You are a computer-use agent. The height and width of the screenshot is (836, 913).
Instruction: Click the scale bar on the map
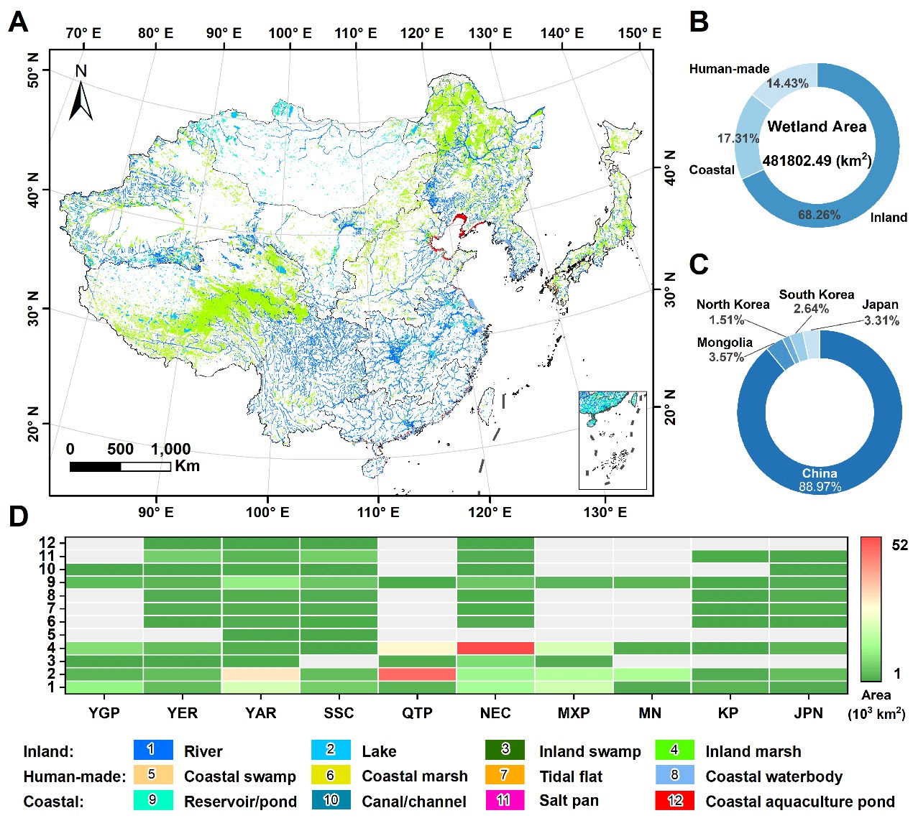tap(120, 467)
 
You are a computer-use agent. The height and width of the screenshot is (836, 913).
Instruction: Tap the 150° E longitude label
tap(639, 33)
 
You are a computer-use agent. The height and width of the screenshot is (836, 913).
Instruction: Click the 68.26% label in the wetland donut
tap(819, 215)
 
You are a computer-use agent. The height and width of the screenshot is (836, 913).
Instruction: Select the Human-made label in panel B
tap(729, 69)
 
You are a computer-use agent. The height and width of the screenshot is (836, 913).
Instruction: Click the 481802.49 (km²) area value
tap(817, 161)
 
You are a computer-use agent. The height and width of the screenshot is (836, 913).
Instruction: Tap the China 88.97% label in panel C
tap(820, 480)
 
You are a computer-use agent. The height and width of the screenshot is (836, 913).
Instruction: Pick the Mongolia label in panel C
tap(725, 343)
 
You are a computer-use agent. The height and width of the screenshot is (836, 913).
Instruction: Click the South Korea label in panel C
tap(817, 294)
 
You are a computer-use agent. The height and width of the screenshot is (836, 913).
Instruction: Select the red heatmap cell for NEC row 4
tap(495, 648)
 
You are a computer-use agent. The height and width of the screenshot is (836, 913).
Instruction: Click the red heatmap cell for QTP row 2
tap(417, 674)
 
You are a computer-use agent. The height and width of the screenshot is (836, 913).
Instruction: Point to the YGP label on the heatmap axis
tap(104, 712)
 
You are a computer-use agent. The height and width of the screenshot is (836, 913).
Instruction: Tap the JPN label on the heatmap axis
tap(808, 712)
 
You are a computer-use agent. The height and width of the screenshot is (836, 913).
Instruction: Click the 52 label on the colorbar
tap(899, 545)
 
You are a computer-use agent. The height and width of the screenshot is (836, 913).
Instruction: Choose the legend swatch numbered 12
tap(674, 800)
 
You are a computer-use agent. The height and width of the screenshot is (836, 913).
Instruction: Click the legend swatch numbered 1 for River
tap(153, 750)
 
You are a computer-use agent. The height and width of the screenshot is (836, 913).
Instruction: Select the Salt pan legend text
tap(569, 801)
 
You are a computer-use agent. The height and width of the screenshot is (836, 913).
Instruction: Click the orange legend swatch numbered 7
tap(505, 775)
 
